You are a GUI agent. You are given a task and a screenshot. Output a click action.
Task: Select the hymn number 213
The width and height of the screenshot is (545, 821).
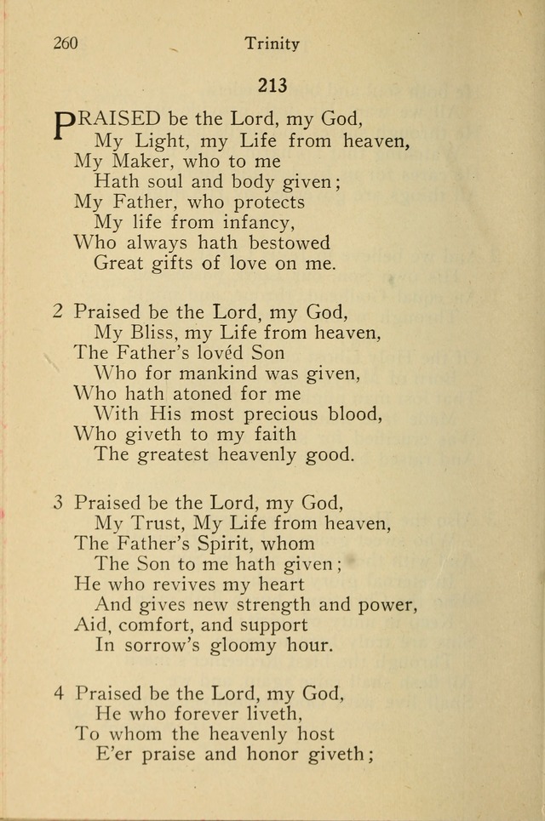tap(272, 85)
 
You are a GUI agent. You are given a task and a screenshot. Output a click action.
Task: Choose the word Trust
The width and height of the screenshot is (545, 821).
tap(164, 522)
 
